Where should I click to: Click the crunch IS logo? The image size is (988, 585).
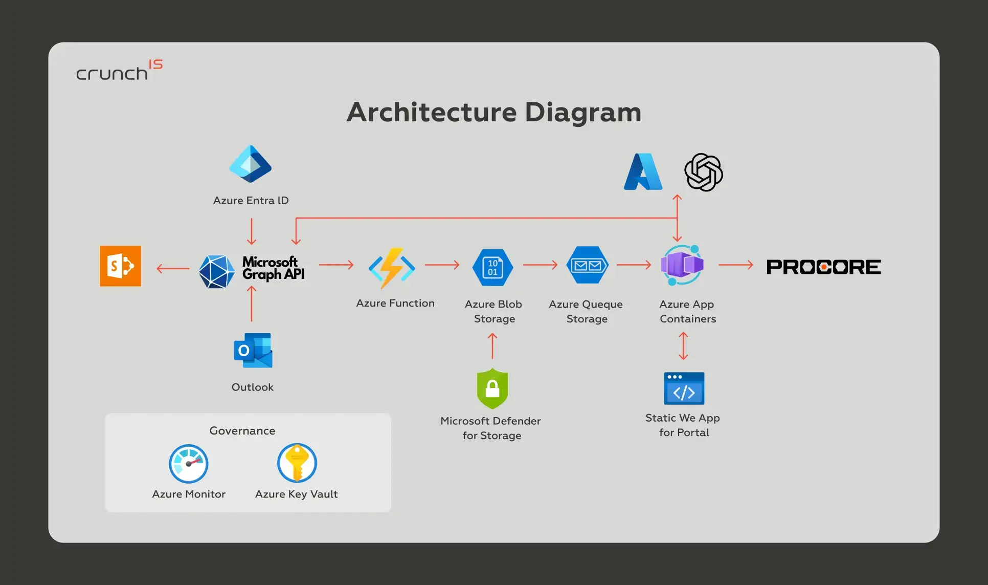click(120, 70)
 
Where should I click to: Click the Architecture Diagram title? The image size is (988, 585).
click(494, 112)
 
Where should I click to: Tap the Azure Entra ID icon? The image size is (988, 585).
click(251, 164)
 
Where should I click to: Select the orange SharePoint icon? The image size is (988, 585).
click(120, 266)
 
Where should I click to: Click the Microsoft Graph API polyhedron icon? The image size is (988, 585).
click(216, 271)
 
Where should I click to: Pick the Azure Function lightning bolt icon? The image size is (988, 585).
click(392, 268)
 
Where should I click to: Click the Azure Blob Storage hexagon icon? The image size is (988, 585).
click(492, 267)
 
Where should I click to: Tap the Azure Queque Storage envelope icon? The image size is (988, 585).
click(588, 265)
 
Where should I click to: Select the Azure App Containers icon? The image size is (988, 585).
click(682, 265)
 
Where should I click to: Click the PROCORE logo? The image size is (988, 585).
click(824, 267)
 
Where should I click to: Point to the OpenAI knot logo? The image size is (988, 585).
click(704, 172)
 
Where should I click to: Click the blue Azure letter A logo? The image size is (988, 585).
click(643, 171)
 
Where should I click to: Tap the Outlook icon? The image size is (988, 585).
click(253, 351)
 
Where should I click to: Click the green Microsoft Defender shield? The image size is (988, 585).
click(492, 388)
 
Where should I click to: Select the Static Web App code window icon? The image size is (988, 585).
click(684, 388)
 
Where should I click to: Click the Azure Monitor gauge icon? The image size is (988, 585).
click(189, 464)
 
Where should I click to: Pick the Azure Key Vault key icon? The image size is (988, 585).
click(297, 463)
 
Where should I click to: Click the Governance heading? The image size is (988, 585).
click(242, 431)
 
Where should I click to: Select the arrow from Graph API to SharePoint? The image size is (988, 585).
click(173, 268)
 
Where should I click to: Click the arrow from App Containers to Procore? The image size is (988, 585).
click(736, 265)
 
